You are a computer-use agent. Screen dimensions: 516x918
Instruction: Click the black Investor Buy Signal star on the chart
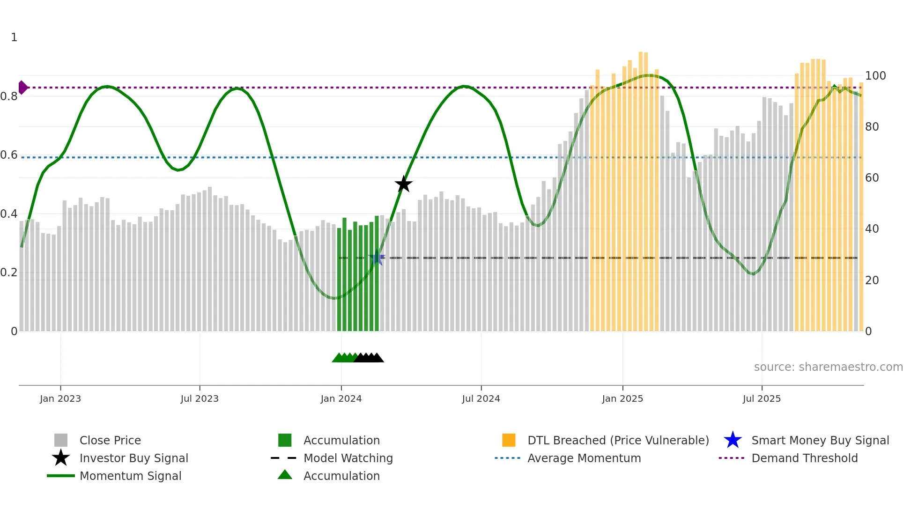[403, 184]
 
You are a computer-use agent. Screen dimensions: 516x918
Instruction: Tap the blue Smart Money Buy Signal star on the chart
[377, 258]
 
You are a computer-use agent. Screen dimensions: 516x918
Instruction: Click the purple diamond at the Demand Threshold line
[22, 88]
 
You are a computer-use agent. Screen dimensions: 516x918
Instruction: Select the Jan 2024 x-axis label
[341, 398]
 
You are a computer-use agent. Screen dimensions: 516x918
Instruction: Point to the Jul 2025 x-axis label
[762, 398]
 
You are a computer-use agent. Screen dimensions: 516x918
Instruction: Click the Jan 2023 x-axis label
[60, 398]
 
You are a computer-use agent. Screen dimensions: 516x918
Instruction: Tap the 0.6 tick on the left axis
[9, 155]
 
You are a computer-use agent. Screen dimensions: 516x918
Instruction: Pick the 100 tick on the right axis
[875, 76]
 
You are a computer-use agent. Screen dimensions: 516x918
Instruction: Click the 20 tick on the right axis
[872, 280]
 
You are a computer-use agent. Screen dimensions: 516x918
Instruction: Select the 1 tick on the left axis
[14, 37]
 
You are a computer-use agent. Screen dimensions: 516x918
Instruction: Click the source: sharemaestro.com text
[828, 367]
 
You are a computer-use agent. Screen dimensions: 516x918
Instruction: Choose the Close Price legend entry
[110, 440]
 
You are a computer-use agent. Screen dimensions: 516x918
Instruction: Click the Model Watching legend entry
[348, 458]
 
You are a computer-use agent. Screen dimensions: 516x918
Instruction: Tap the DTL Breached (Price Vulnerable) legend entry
[618, 440]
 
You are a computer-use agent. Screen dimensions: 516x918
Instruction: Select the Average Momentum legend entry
[584, 458]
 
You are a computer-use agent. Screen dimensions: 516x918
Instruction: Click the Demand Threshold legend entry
[804, 458]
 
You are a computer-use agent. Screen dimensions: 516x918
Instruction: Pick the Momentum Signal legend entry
[130, 476]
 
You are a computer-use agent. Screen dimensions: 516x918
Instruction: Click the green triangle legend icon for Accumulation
[285, 475]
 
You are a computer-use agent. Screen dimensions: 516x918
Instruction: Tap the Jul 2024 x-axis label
[481, 398]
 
